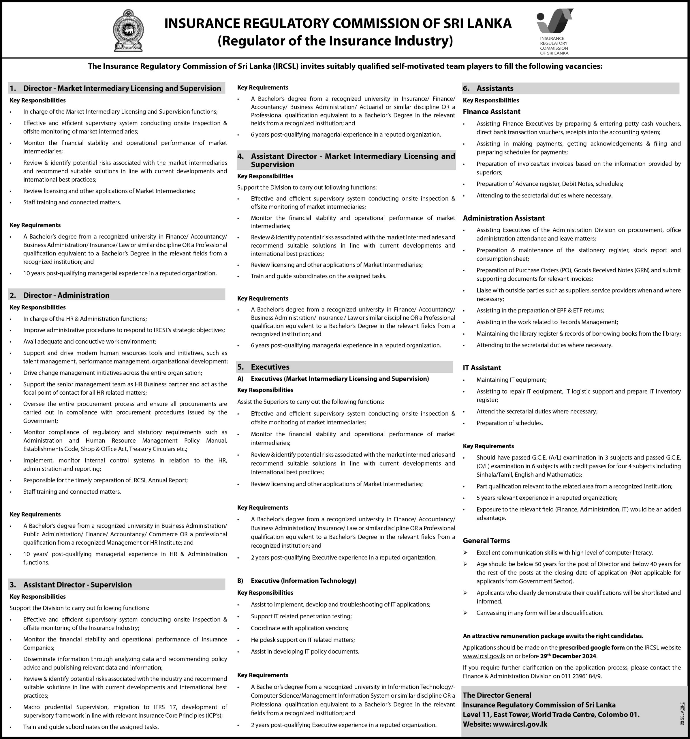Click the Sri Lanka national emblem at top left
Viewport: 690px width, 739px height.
point(128,31)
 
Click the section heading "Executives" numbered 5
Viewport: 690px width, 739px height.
point(270,367)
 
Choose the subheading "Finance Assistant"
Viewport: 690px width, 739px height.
point(491,111)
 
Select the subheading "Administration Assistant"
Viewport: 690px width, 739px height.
point(503,218)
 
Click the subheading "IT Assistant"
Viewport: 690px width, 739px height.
point(481,368)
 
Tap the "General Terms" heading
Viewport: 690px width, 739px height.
point(486,540)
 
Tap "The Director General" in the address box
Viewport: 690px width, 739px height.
point(497,695)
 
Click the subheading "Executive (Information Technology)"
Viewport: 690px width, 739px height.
point(303,581)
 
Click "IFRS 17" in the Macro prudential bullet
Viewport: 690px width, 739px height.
point(160,707)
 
